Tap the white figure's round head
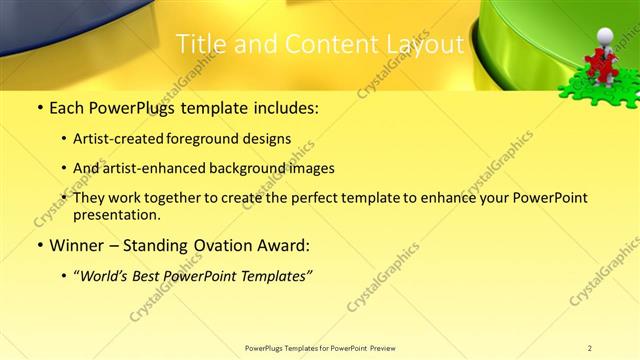click(604, 37)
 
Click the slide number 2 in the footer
click(590, 348)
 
